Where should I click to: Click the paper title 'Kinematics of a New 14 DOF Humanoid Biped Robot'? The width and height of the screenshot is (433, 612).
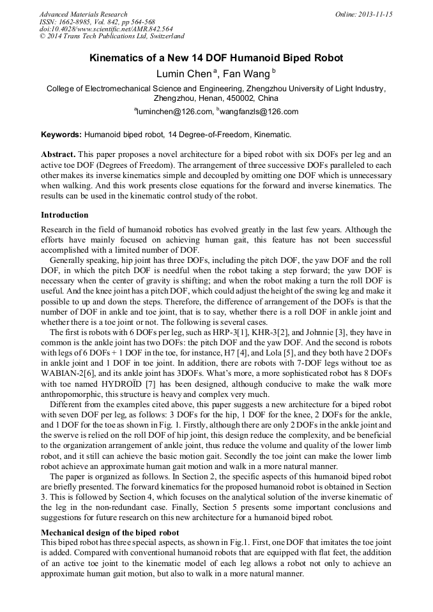click(x=216, y=58)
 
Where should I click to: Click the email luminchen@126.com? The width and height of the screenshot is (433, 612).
click(x=174, y=112)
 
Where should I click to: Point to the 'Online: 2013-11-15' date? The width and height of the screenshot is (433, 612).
click(x=363, y=14)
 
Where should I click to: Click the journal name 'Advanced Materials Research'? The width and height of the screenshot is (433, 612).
click(x=83, y=14)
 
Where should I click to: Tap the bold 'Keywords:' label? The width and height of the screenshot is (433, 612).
click(x=61, y=135)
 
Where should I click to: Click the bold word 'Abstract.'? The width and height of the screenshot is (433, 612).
click(x=59, y=155)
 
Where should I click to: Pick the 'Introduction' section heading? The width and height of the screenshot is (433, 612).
click(x=65, y=215)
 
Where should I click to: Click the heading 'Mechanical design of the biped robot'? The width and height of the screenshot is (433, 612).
click(x=110, y=532)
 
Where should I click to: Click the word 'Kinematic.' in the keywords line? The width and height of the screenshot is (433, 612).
click(x=273, y=135)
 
